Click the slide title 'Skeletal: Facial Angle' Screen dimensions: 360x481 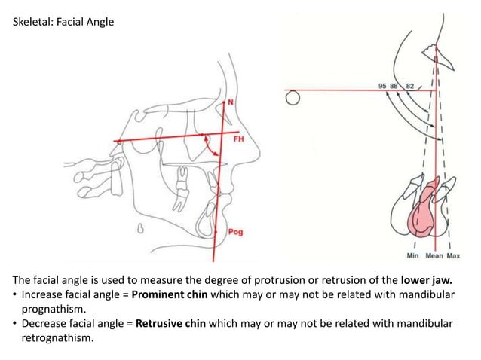point(64,22)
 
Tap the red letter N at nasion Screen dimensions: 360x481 point(231,100)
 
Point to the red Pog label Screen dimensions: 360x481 point(235,232)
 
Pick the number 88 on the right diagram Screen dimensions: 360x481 point(394,86)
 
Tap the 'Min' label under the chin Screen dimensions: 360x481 point(413,255)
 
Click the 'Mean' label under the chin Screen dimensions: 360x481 point(434,255)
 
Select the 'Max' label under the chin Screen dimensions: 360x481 point(453,255)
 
